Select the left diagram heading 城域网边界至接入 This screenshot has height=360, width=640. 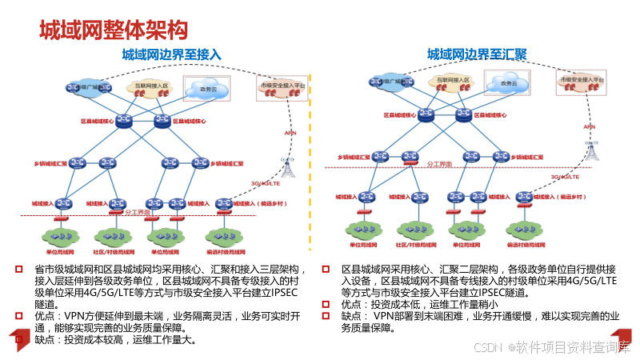(171, 54)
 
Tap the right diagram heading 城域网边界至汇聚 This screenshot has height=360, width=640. (476, 54)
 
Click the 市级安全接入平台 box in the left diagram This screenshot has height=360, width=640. (282, 89)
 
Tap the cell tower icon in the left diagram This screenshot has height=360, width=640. (288, 166)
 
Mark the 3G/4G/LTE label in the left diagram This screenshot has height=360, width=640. (266, 183)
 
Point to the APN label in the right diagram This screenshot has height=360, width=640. (590, 126)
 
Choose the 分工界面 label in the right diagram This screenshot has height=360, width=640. (438, 163)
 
